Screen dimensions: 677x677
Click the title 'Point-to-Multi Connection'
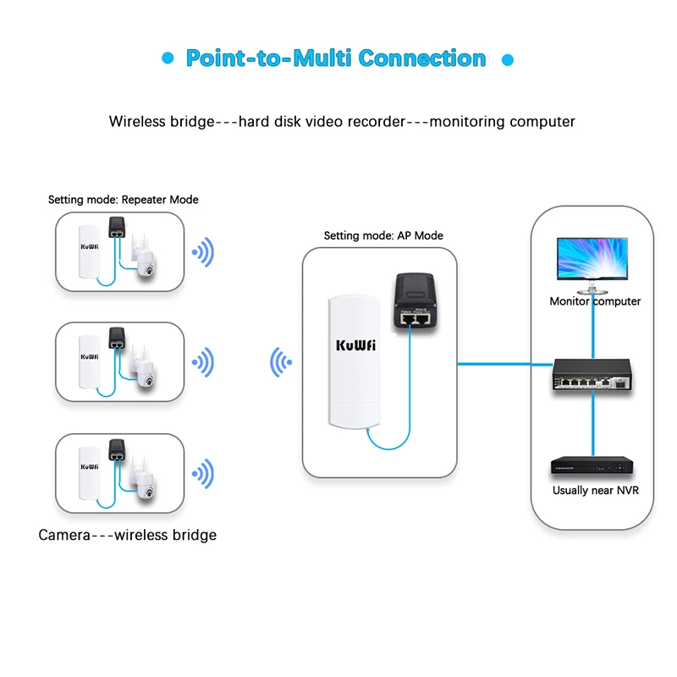coord(336,58)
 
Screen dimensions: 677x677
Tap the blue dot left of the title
coord(168,59)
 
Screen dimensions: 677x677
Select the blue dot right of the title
coord(508,60)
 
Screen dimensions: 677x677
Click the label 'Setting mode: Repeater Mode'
coord(123,200)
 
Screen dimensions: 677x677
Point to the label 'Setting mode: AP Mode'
coord(383,235)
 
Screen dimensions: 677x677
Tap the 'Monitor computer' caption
coord(595,301)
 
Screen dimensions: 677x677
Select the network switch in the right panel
coord(592,375)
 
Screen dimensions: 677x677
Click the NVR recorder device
coord(592,466)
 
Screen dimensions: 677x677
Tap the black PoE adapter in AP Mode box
coord(416,302)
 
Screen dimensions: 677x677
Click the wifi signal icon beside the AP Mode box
coord(280,364)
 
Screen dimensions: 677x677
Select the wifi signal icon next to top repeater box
coord(203,251)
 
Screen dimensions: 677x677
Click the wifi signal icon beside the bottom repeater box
coord(203,473)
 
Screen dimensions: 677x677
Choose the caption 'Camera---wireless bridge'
coord(128,535)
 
